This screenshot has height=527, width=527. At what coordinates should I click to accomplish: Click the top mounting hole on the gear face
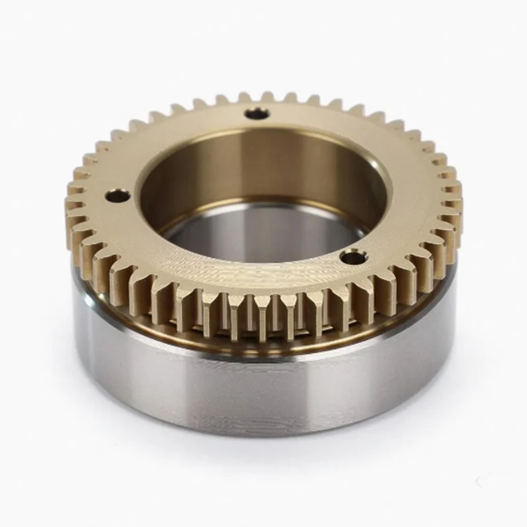click(257, 114)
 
